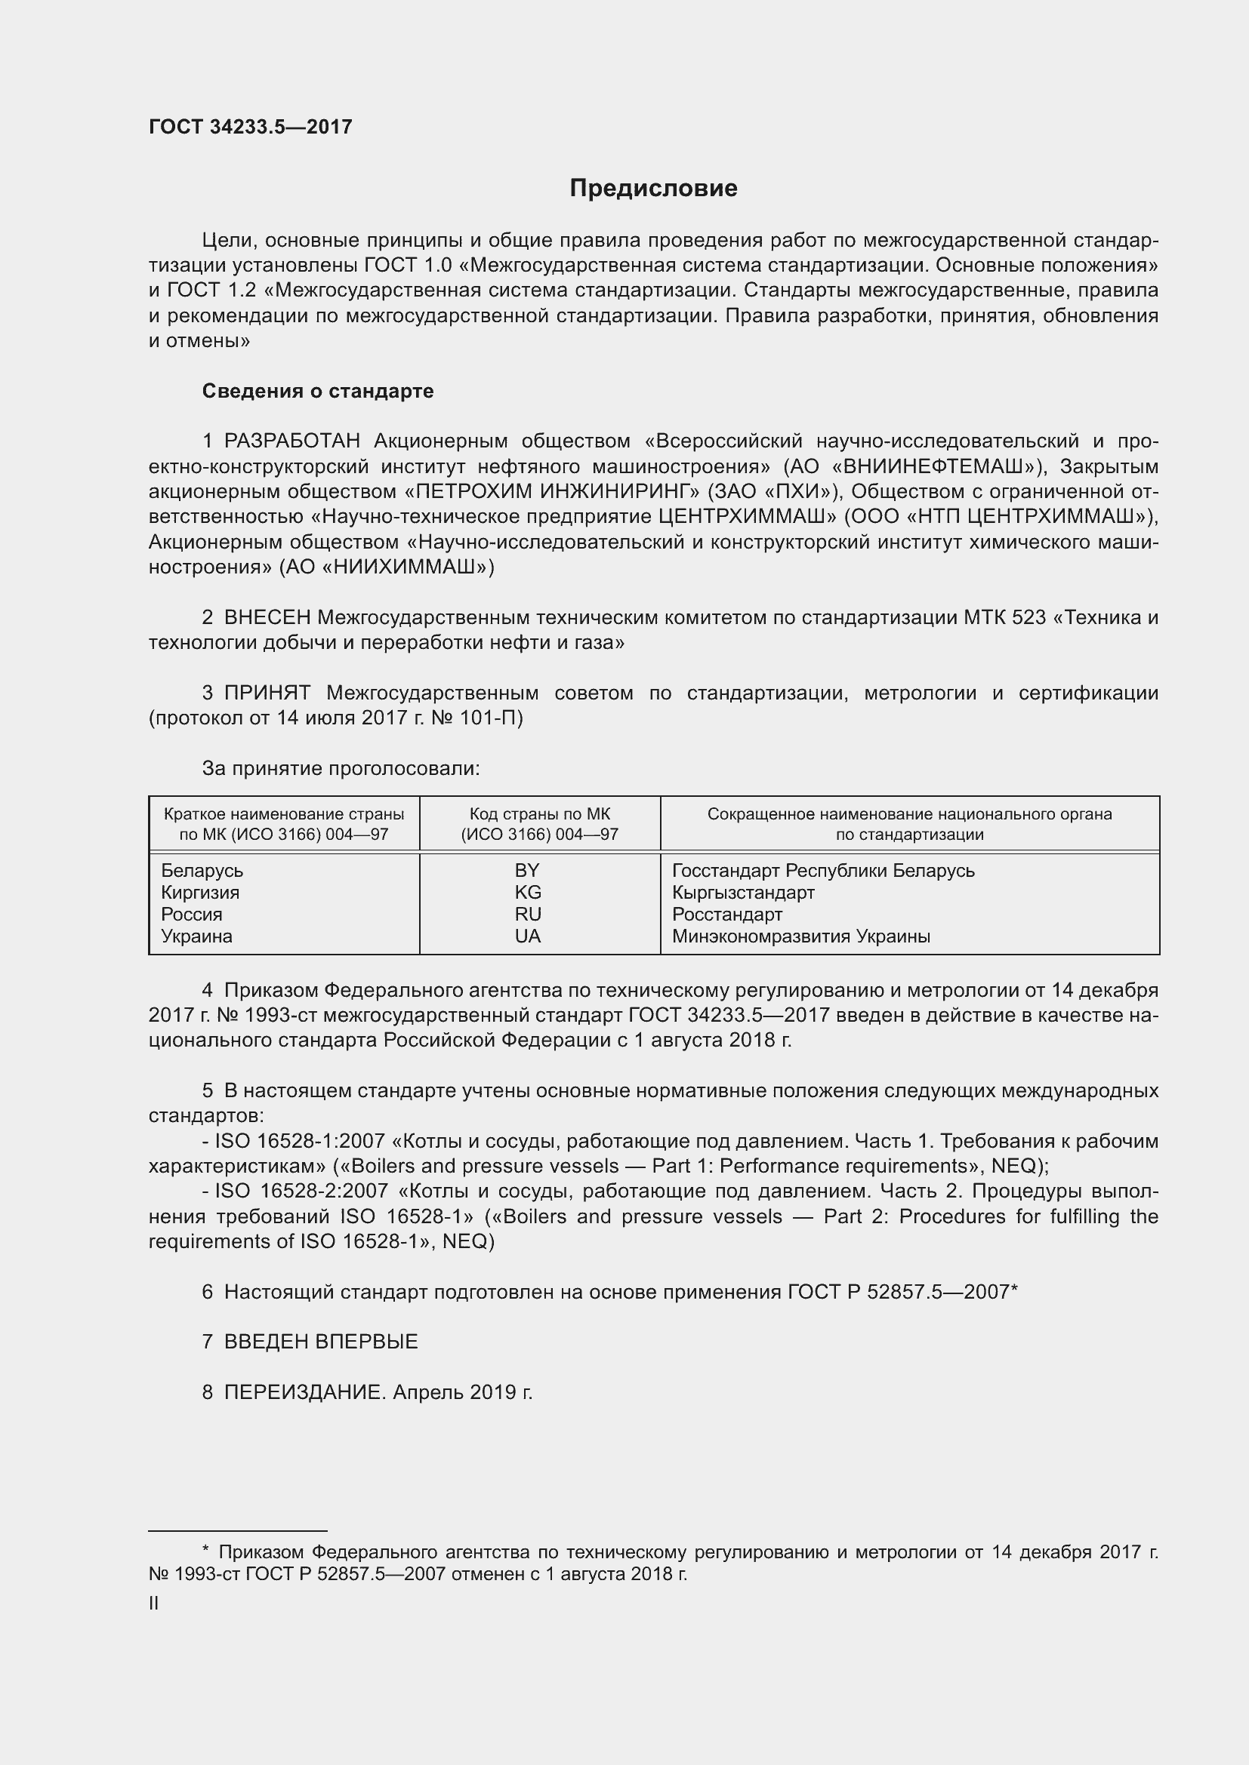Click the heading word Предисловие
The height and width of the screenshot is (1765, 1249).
coord(653,189)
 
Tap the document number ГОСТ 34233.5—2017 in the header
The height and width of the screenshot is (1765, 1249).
coord(250,128)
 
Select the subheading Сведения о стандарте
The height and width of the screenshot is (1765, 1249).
coord(318,392)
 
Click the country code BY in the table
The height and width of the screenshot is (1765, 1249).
coord(528,870)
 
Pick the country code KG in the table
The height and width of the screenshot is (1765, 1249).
coord(528,893)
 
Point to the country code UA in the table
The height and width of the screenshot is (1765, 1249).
coord(528,936)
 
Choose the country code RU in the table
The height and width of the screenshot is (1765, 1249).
coord(528,914)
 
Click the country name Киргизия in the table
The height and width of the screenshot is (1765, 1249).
coord(200,893)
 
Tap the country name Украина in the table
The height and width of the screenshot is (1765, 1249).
coord(196,936)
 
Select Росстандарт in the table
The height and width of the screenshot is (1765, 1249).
coord(726,915)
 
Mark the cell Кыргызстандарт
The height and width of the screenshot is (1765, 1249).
coord(743,893)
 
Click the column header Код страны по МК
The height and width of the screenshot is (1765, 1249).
coord(539,814)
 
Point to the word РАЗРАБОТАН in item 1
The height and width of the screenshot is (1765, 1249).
coord(292,441)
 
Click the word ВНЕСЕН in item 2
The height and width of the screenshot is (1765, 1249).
coord(267,617)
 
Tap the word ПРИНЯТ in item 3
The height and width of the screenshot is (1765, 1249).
coord(267,693)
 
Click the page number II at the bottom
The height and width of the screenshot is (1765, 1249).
coord(154,1604)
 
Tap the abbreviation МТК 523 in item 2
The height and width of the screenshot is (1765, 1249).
coord(1004,617)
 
